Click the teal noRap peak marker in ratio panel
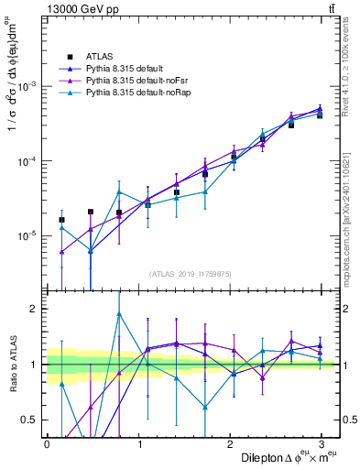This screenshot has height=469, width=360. [x=119, y=314]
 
